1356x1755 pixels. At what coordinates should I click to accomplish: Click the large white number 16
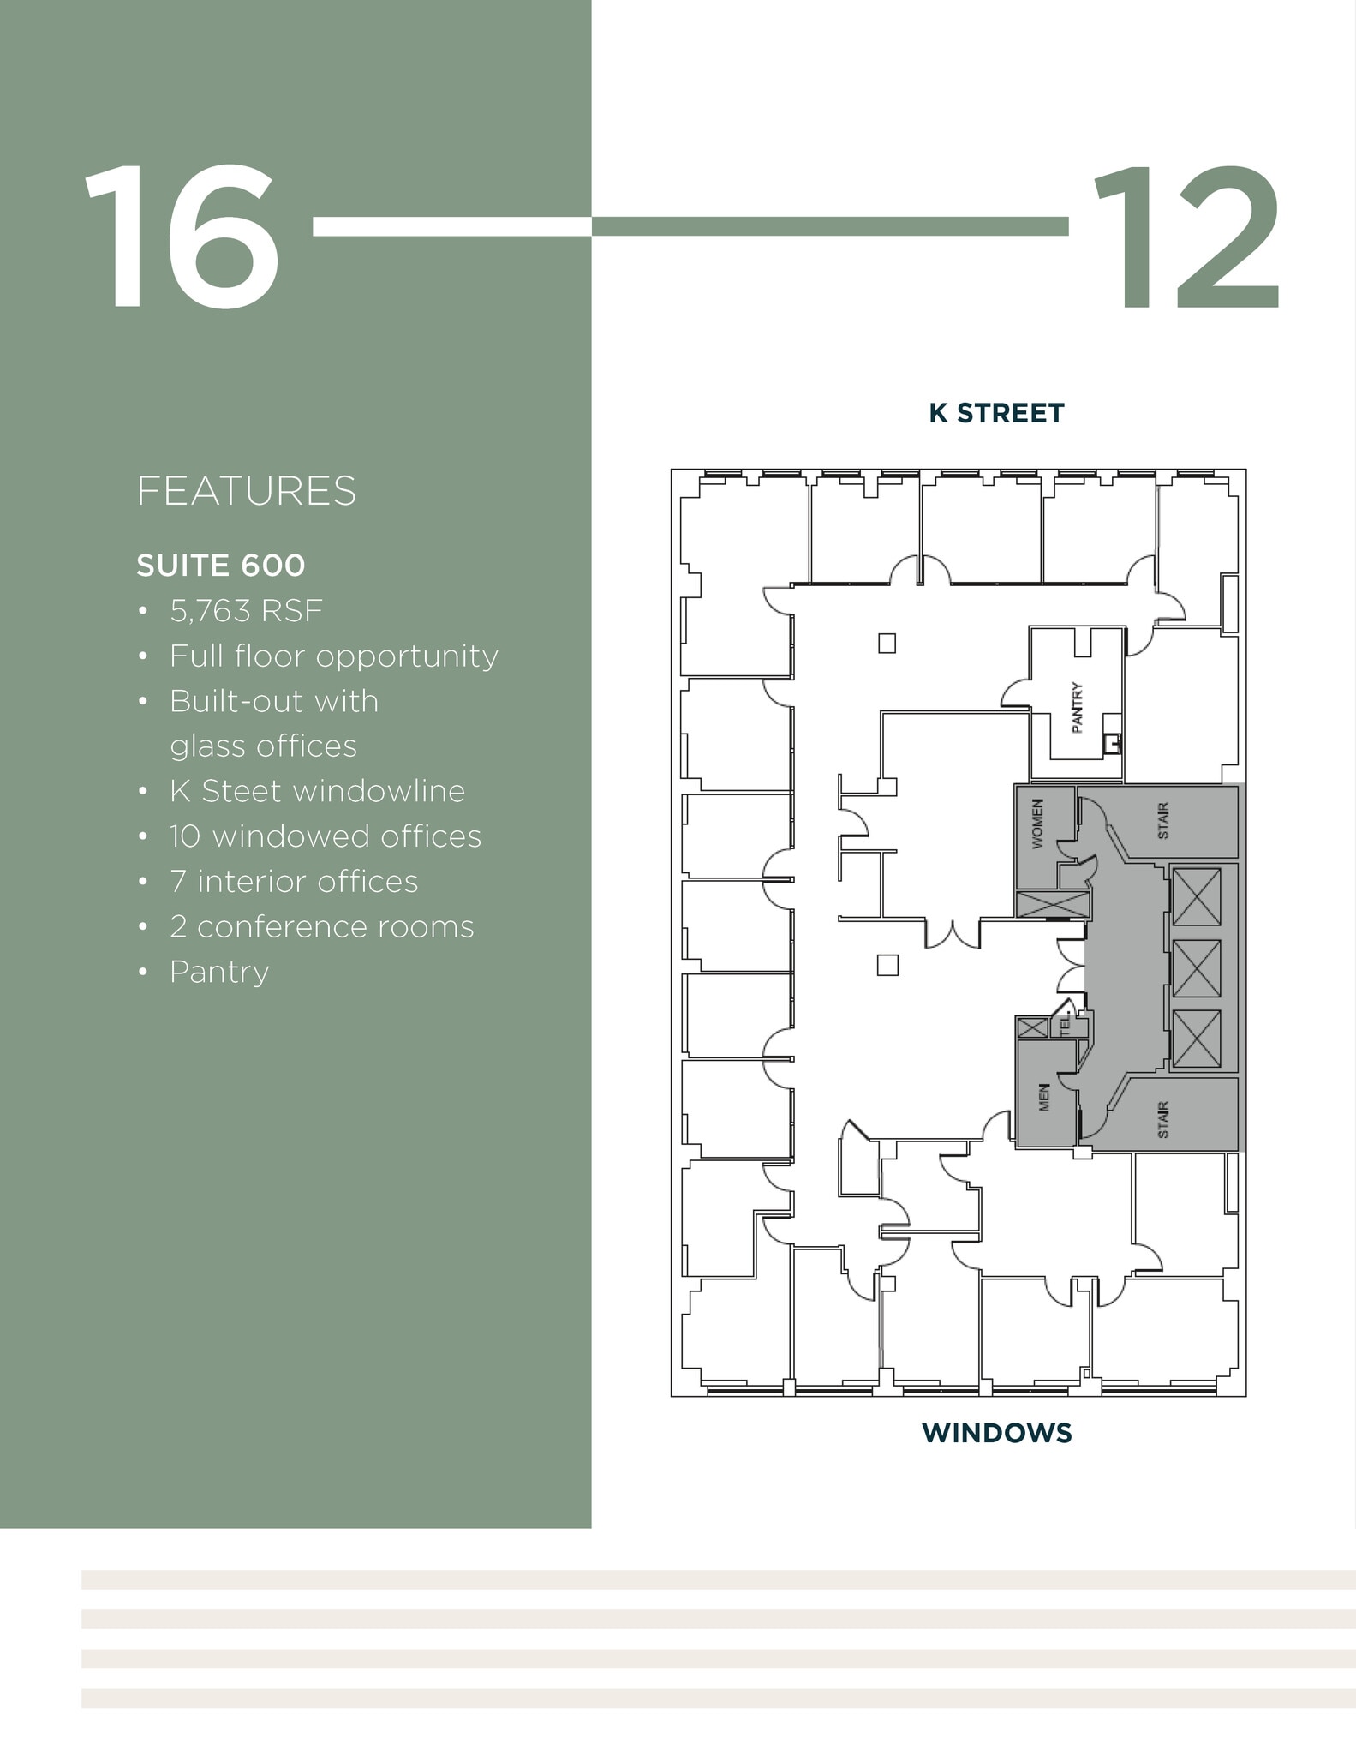(182, 237)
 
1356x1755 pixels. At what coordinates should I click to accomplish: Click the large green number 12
(1186, 237)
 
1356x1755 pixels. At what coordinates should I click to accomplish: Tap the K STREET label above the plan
(996, 413)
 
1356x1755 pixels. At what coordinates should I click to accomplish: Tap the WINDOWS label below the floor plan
(996, 1433)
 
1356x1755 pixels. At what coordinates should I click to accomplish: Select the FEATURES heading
(246, 491)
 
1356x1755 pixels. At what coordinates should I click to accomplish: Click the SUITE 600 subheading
(220, 566)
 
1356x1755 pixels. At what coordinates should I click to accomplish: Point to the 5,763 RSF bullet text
(246, 611)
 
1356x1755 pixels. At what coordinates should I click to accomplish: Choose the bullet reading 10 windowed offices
(326, 836)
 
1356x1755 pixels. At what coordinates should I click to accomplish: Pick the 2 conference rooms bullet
(321, 927)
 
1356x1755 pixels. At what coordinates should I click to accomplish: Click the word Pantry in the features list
(219, 972)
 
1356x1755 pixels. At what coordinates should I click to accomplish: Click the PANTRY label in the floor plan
(1078, 708)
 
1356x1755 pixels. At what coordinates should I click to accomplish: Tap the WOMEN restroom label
(1037, 824)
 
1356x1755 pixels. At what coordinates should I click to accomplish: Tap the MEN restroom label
(1043, 1098)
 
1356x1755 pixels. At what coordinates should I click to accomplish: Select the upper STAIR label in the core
(1162, 821)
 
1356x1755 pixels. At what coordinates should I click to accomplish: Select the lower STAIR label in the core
(1162, 1120)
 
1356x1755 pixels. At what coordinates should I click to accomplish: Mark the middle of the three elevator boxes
(1196, 968)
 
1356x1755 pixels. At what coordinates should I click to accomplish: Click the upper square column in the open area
(887, 643)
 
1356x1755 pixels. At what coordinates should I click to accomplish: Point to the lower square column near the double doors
(887, 965)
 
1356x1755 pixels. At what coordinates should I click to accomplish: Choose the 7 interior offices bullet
(294, 882)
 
